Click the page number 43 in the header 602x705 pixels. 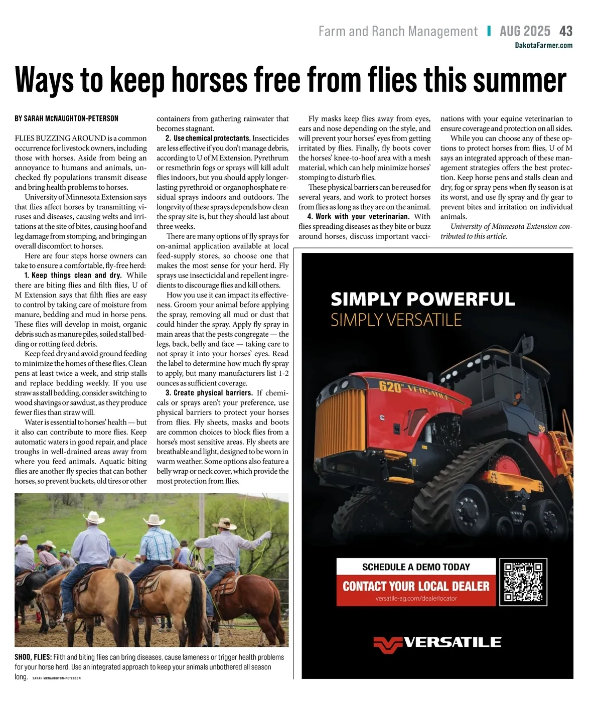[565, 31]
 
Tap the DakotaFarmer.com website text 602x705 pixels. [543, 45]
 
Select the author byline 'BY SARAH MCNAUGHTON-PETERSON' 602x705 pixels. [67, 119]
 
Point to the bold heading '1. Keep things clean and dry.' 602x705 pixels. [73, 275]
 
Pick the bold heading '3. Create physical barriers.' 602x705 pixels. [209, 393]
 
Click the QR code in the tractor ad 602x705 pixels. [523, 582]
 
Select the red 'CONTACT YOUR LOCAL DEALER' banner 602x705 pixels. [416, 587]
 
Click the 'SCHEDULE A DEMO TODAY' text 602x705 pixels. [416, 567]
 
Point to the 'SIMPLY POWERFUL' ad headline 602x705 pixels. [422, 300]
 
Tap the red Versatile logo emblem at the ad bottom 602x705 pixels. [388, 644]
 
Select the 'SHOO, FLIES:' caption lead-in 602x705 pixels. [33, 657]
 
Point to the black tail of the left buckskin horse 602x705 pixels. [123, 607]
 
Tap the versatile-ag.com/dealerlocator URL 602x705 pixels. [416, 599]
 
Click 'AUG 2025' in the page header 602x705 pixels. [525, 31]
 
